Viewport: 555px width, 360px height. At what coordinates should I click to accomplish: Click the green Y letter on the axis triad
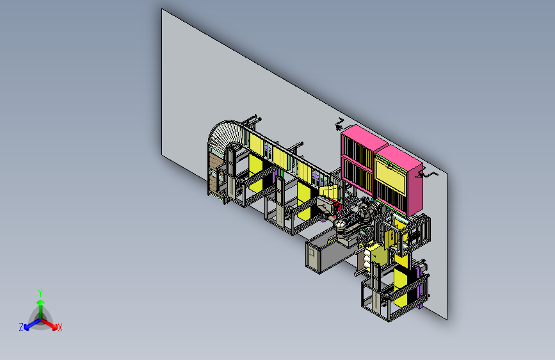[x=40, y=293]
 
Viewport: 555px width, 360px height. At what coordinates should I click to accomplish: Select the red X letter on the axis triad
[x=60, y=328]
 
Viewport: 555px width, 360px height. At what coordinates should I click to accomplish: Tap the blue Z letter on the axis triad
[x=21, y=327]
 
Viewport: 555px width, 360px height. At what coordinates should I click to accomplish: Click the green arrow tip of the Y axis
[x=40, y=302]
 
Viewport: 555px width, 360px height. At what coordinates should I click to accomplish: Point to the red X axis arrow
[x=49, y=323]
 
